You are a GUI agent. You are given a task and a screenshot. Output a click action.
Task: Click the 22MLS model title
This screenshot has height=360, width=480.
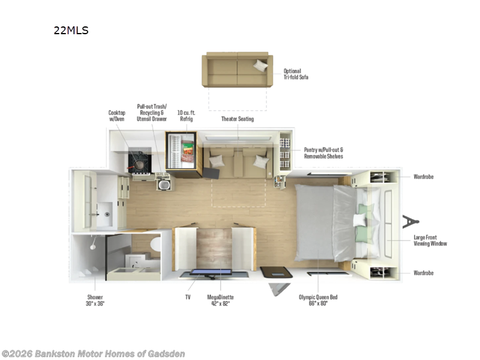coord(71,31)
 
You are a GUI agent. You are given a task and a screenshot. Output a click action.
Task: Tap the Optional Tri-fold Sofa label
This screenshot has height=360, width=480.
coord(296,74)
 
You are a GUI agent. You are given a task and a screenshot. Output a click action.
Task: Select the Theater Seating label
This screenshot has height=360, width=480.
coord(238,119)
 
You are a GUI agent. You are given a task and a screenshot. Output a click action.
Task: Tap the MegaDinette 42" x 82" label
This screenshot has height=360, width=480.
coord(220,300)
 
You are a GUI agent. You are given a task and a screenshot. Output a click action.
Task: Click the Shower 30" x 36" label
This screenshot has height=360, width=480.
coord(94,300)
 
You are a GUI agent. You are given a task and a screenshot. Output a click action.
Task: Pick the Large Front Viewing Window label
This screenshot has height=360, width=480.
coord(430,240)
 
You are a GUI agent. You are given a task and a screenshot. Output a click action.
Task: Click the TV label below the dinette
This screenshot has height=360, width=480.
coord(188,296)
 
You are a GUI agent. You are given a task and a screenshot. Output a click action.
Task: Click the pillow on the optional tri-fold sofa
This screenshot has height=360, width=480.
coord(261,65)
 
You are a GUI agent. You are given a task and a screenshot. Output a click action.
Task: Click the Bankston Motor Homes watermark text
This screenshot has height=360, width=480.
coord(93,353)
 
